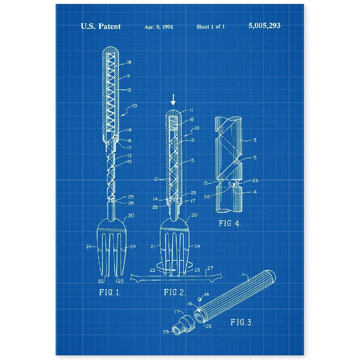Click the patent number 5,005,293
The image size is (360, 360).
coord(264,26)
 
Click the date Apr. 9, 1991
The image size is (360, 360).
coord(159,27)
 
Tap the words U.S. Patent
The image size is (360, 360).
coord(100,26)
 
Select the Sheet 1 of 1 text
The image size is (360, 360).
coord(211,27)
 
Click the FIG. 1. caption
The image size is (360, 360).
coord(110,292)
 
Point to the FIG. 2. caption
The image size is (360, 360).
coord(175,292)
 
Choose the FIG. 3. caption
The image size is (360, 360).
coord(242,322)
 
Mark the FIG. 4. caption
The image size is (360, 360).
coord(230,224)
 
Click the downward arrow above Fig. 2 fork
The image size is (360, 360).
coord(174,100)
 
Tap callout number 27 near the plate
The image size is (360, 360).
coord(210,268)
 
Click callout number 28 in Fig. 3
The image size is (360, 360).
coord(166,332)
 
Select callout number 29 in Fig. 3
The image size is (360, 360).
coord(208,326)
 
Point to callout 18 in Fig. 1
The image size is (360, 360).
coord(129,62)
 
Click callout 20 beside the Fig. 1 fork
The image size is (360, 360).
coord(131,215)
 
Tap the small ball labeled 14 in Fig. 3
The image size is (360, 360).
coord(200,299)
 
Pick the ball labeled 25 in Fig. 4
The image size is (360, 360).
coord(233,183)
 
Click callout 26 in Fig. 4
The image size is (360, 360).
coord(207,197)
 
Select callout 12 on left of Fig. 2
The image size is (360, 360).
coord(156,179)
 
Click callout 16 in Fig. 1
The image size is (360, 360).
coord(129,140)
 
